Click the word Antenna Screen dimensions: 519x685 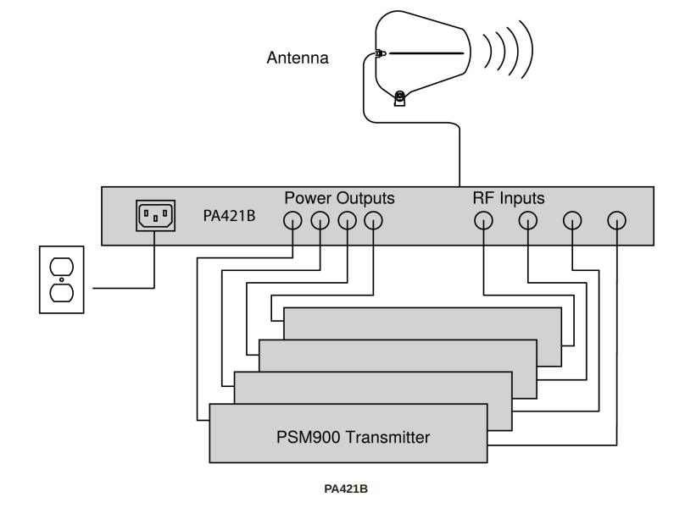pyautogui.click(x=297, y=59)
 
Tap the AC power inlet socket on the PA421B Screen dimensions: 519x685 pyautogui.click(x=154, y=216)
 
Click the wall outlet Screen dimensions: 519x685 pyautogui.click(x=61, y=279)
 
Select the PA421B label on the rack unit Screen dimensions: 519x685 pyautogui.click(x=229, y=217)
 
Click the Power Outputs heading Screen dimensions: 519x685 pyautogui.click(x=339, y=199)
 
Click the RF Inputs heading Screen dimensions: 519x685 pyautogui.click(x=508, y=199)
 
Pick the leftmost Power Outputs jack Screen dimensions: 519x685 pyautogui.click(x=292, y=222)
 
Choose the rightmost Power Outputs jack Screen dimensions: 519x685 pyautogui.click(x=374, y=222)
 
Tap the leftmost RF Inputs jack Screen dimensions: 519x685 pyautogui.click(x=483, y=222)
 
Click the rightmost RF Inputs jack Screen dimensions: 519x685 pyautogui.click(x=617, y=222)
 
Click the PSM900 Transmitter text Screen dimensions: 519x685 pyautogui.click(x=348, y=438)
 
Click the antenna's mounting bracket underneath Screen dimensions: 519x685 pyautogui.click(x=400, y=99)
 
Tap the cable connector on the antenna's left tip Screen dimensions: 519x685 pyautogui.click(x=381, y=56)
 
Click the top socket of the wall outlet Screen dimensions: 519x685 pyautogui.click(x=61, y=268)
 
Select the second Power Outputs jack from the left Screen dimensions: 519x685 pyautogui.click(x=320, y=222)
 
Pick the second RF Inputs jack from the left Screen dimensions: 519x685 pyautogui.click(x=528, y=222)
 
